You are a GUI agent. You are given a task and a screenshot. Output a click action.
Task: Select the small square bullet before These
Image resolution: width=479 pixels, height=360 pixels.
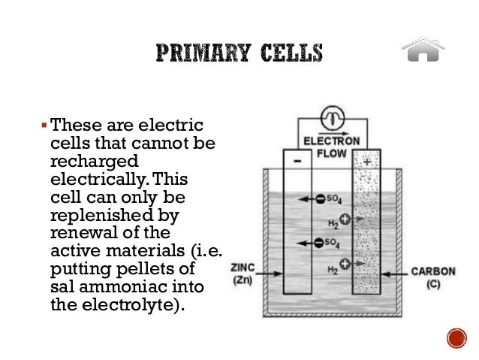pyautogui.click(x=44, y=123)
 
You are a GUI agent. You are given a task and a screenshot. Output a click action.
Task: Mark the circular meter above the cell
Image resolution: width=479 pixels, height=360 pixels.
pyautogui.click(x=330, y=117)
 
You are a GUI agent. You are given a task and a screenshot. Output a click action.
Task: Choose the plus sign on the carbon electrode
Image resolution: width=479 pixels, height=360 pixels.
pyautogui.click(x=366, y=161)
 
